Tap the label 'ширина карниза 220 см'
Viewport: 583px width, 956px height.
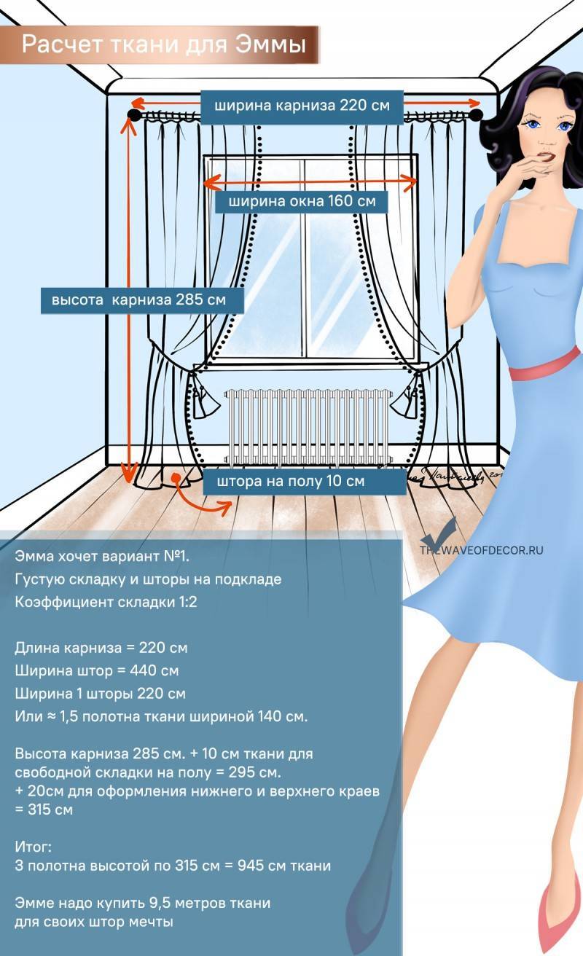click(302, 106)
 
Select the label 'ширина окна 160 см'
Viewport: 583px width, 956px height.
click(302, 201)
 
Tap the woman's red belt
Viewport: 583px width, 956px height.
click(545, 364)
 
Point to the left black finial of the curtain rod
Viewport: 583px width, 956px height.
click(133, 115)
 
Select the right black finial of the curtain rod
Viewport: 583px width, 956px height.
click(477, 115)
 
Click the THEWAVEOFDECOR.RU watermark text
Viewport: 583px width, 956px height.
click(482, 550)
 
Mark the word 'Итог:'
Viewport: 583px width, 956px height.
click(34, 847)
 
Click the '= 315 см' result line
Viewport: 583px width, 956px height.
click(44, 810)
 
